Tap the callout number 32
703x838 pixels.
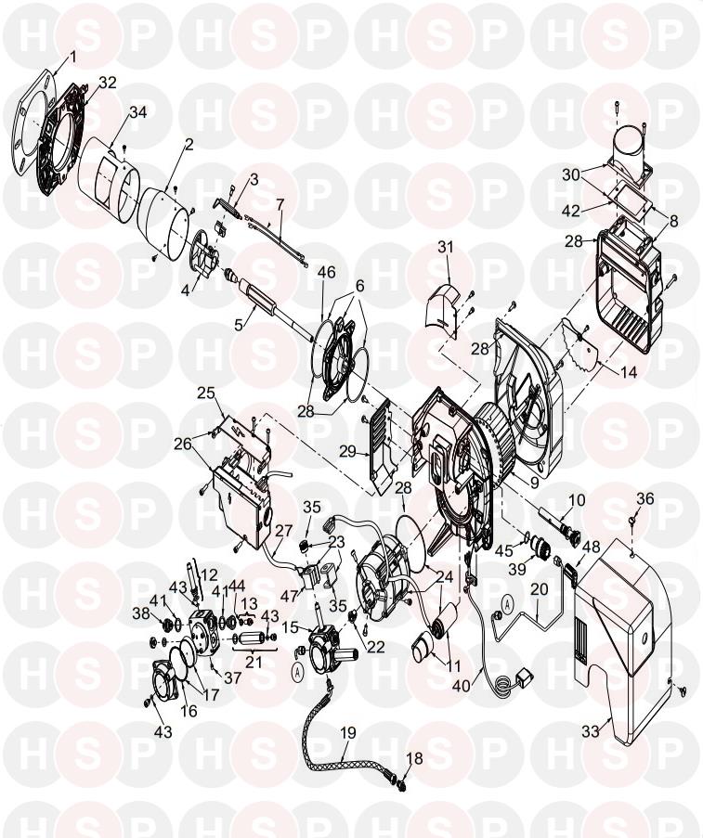pyautogui.click(x=107, y=83)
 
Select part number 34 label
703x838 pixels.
pyautogui.click(x=138, y=113)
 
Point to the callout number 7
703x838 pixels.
pyautogui.click(x=280, y=203)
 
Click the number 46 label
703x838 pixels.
pyautogui.click(x=326, y=273)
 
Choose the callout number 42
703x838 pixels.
pyautogui.click(x=570, y=211)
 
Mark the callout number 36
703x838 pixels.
pyautogui.click(x=645, y=499)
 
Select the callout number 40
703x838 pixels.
pyautogui.click(x=462, y=687)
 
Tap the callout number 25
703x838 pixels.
pyautogui.click(x=205, y=393)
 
